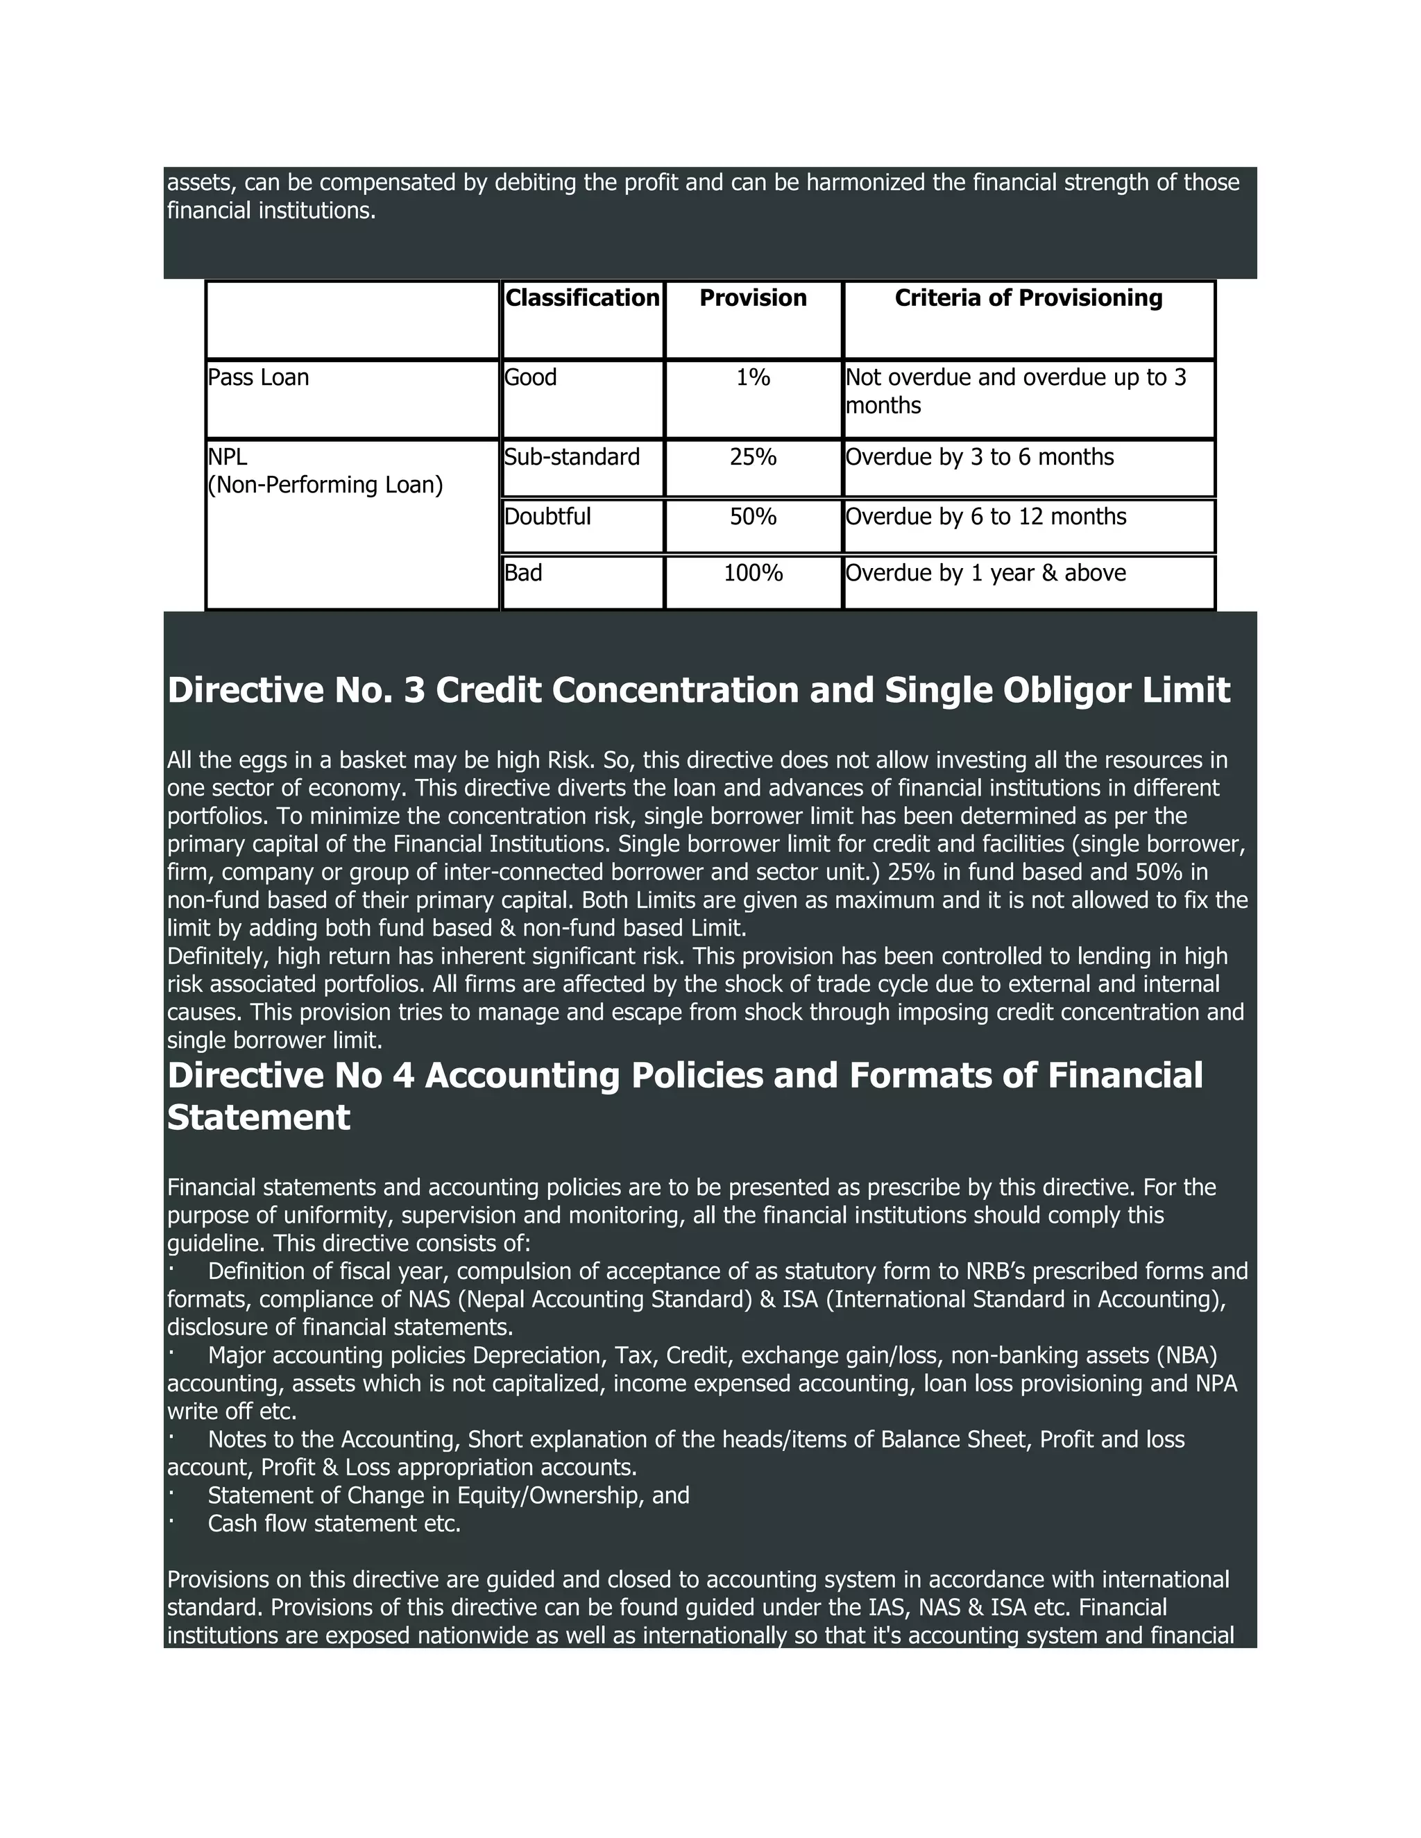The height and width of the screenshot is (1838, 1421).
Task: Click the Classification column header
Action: click(x=581, y=298)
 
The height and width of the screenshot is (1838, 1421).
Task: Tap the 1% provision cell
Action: click(x=753, y=378)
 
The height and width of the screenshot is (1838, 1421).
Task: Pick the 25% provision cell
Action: click(x=753, y=457)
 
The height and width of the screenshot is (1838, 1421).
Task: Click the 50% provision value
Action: click(x=753, y=517)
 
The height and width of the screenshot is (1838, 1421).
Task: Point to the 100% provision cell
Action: click(x=753, y=573)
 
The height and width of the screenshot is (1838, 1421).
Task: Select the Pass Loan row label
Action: click(x=258, y=378)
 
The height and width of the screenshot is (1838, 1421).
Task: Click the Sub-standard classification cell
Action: click(x=572, y=457)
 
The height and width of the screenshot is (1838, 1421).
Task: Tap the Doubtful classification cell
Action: click(x=547, y=517)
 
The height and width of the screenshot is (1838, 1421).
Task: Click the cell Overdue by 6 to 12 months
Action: click(x=985, y=517)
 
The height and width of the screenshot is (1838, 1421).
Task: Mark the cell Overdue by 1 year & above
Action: click(x=985, y=573)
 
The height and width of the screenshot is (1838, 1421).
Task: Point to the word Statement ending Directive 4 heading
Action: click(x=258, y=1117)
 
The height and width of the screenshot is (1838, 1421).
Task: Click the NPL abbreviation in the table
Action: click(x=228, y=457)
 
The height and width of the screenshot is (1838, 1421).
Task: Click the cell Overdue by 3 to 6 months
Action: click(x=979, y=457)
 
